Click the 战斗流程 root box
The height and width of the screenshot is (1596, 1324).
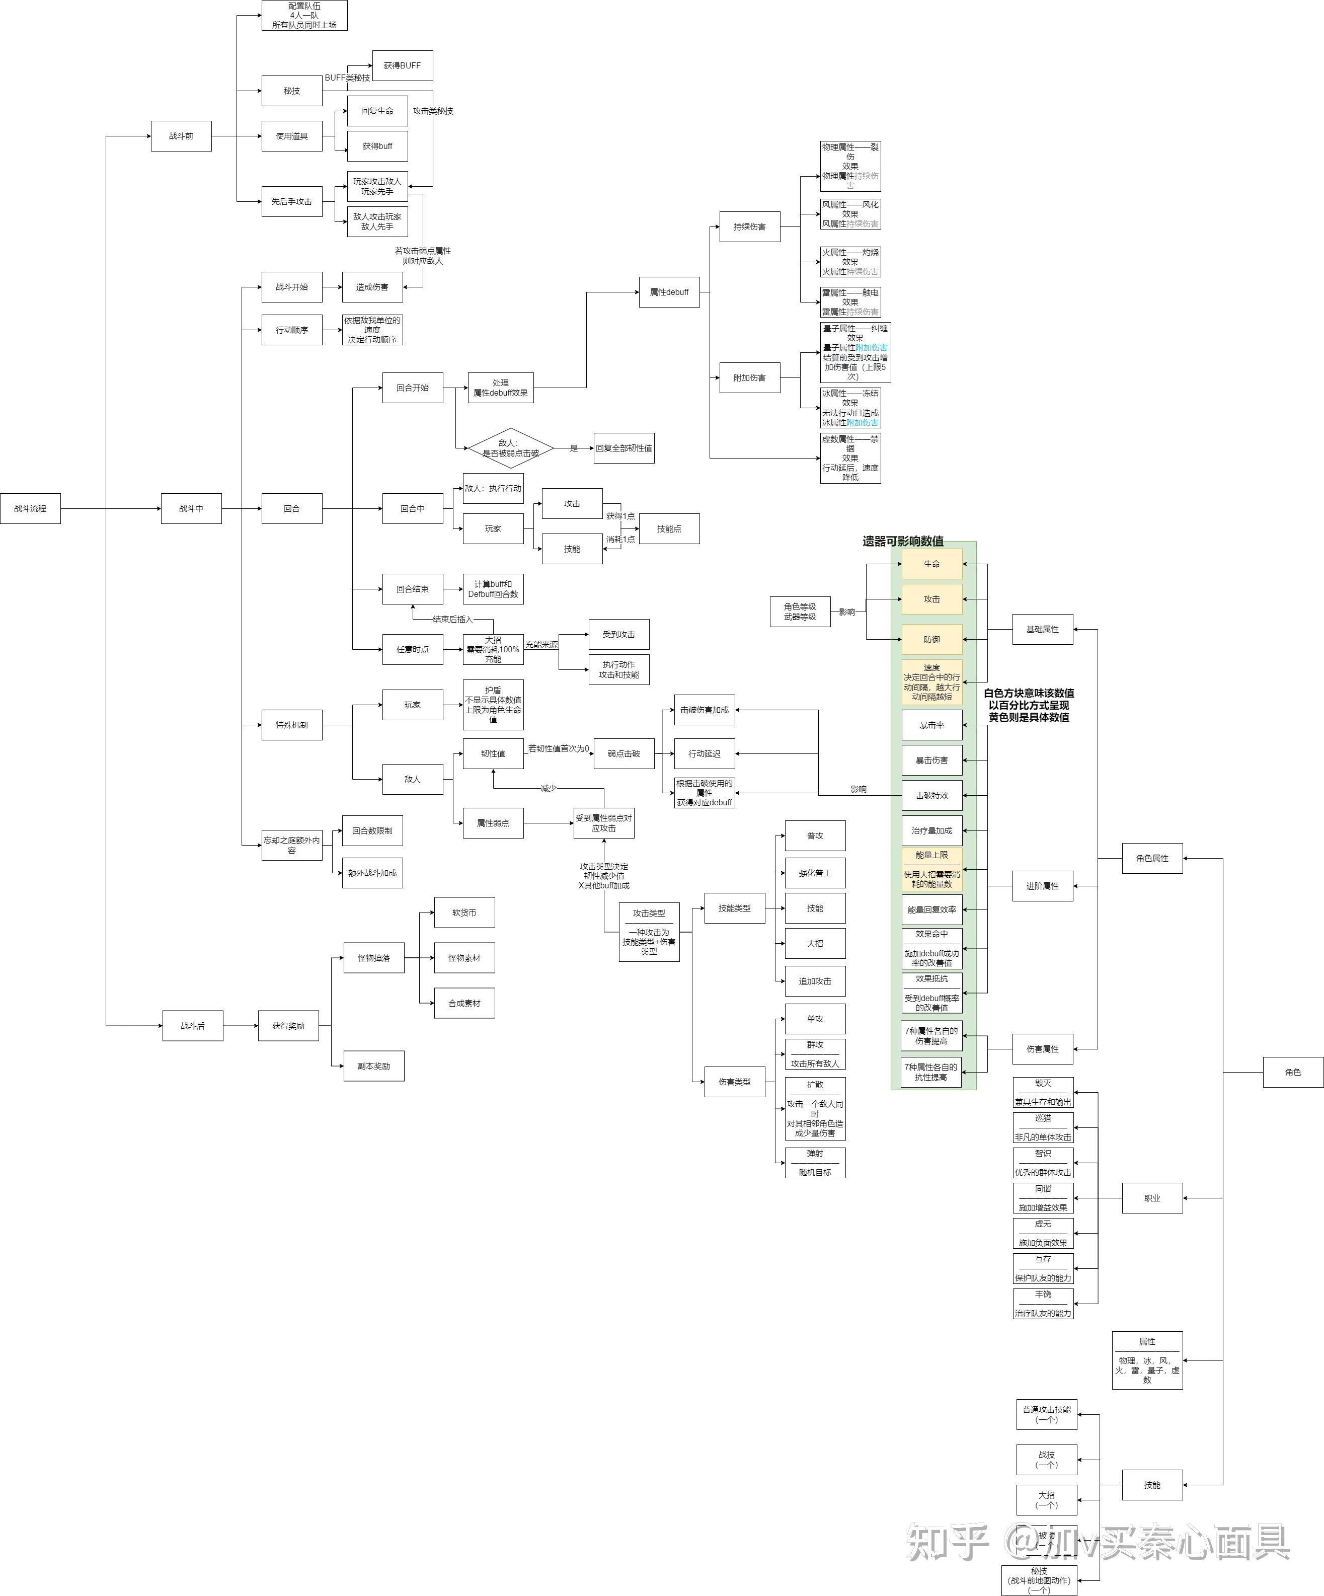coord(30,508)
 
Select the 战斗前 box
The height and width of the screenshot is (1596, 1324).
coord(181,136)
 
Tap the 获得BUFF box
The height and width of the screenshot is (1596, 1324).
coord(402,65)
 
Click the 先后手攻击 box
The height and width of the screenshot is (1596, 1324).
coord(292,201)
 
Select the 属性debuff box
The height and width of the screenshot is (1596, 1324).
coord(669,292)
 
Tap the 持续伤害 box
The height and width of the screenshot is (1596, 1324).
coord(749,226)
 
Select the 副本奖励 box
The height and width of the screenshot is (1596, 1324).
coord(373,1067)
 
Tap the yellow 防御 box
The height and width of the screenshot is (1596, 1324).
coord(932,639)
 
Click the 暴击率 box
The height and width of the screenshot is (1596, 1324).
coord(932,725)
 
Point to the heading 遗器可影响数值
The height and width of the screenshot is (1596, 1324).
coord(903,541)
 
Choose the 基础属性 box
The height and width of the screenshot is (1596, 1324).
coord(1042,629)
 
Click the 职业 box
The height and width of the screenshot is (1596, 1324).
coord(1152,1198)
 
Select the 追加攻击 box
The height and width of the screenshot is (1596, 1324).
coord(815,981)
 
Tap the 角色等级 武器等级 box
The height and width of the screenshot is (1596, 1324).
coord(800,612)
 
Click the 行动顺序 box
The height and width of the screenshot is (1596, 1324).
coord(292,330)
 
